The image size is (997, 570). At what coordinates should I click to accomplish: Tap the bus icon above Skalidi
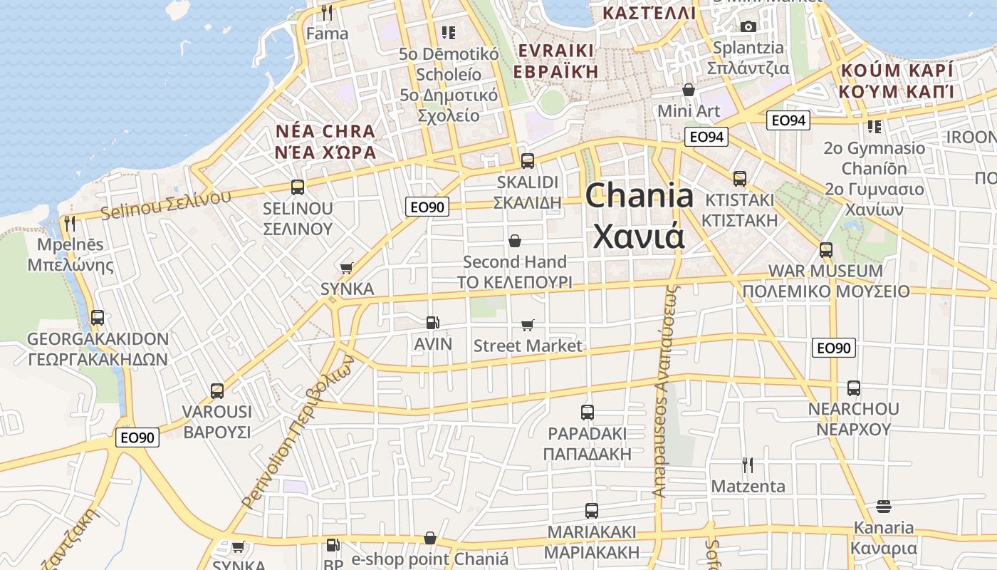[528, 161]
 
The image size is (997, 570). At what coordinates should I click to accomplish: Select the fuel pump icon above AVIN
[432, 323]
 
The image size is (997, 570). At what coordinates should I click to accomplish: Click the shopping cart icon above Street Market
[528, 325]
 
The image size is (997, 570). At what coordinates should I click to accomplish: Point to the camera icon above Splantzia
[748, 27]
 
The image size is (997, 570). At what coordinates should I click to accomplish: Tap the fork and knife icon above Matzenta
[748, 465]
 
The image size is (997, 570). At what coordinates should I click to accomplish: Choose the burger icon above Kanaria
[884, 507]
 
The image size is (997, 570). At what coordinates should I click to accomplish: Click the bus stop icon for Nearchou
[854, 388]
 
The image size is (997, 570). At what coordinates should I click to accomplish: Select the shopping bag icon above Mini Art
[689, 90]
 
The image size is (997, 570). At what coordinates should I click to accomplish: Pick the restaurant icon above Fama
[327, 13]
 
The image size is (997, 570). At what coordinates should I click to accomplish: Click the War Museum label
[825, 271]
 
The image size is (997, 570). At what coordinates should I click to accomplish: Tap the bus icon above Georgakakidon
[98, 318]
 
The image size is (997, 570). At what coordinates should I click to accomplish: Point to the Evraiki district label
[556, 51]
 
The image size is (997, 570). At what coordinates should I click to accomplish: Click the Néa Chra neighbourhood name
[325, 132]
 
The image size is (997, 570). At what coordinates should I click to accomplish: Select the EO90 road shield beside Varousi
[137, 437]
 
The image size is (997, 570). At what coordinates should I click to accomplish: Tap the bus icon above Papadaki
[588, 413]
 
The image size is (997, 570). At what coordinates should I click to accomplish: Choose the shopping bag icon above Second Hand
[515, 241]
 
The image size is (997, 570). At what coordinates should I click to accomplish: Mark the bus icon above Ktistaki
[740, 179]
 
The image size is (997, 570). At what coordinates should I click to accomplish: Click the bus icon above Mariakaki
[592, 511]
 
